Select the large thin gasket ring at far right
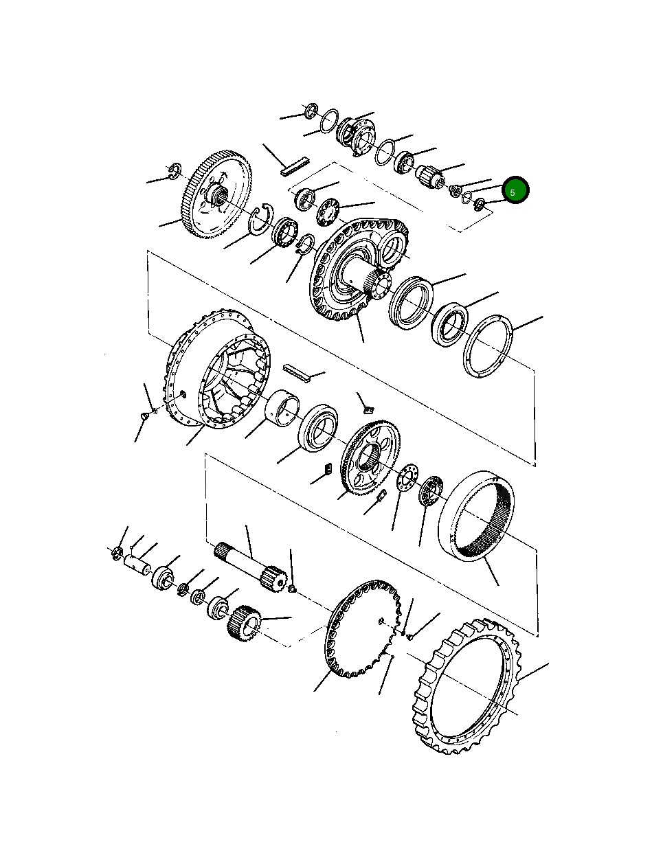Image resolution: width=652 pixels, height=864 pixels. click(x=488, y=345)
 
